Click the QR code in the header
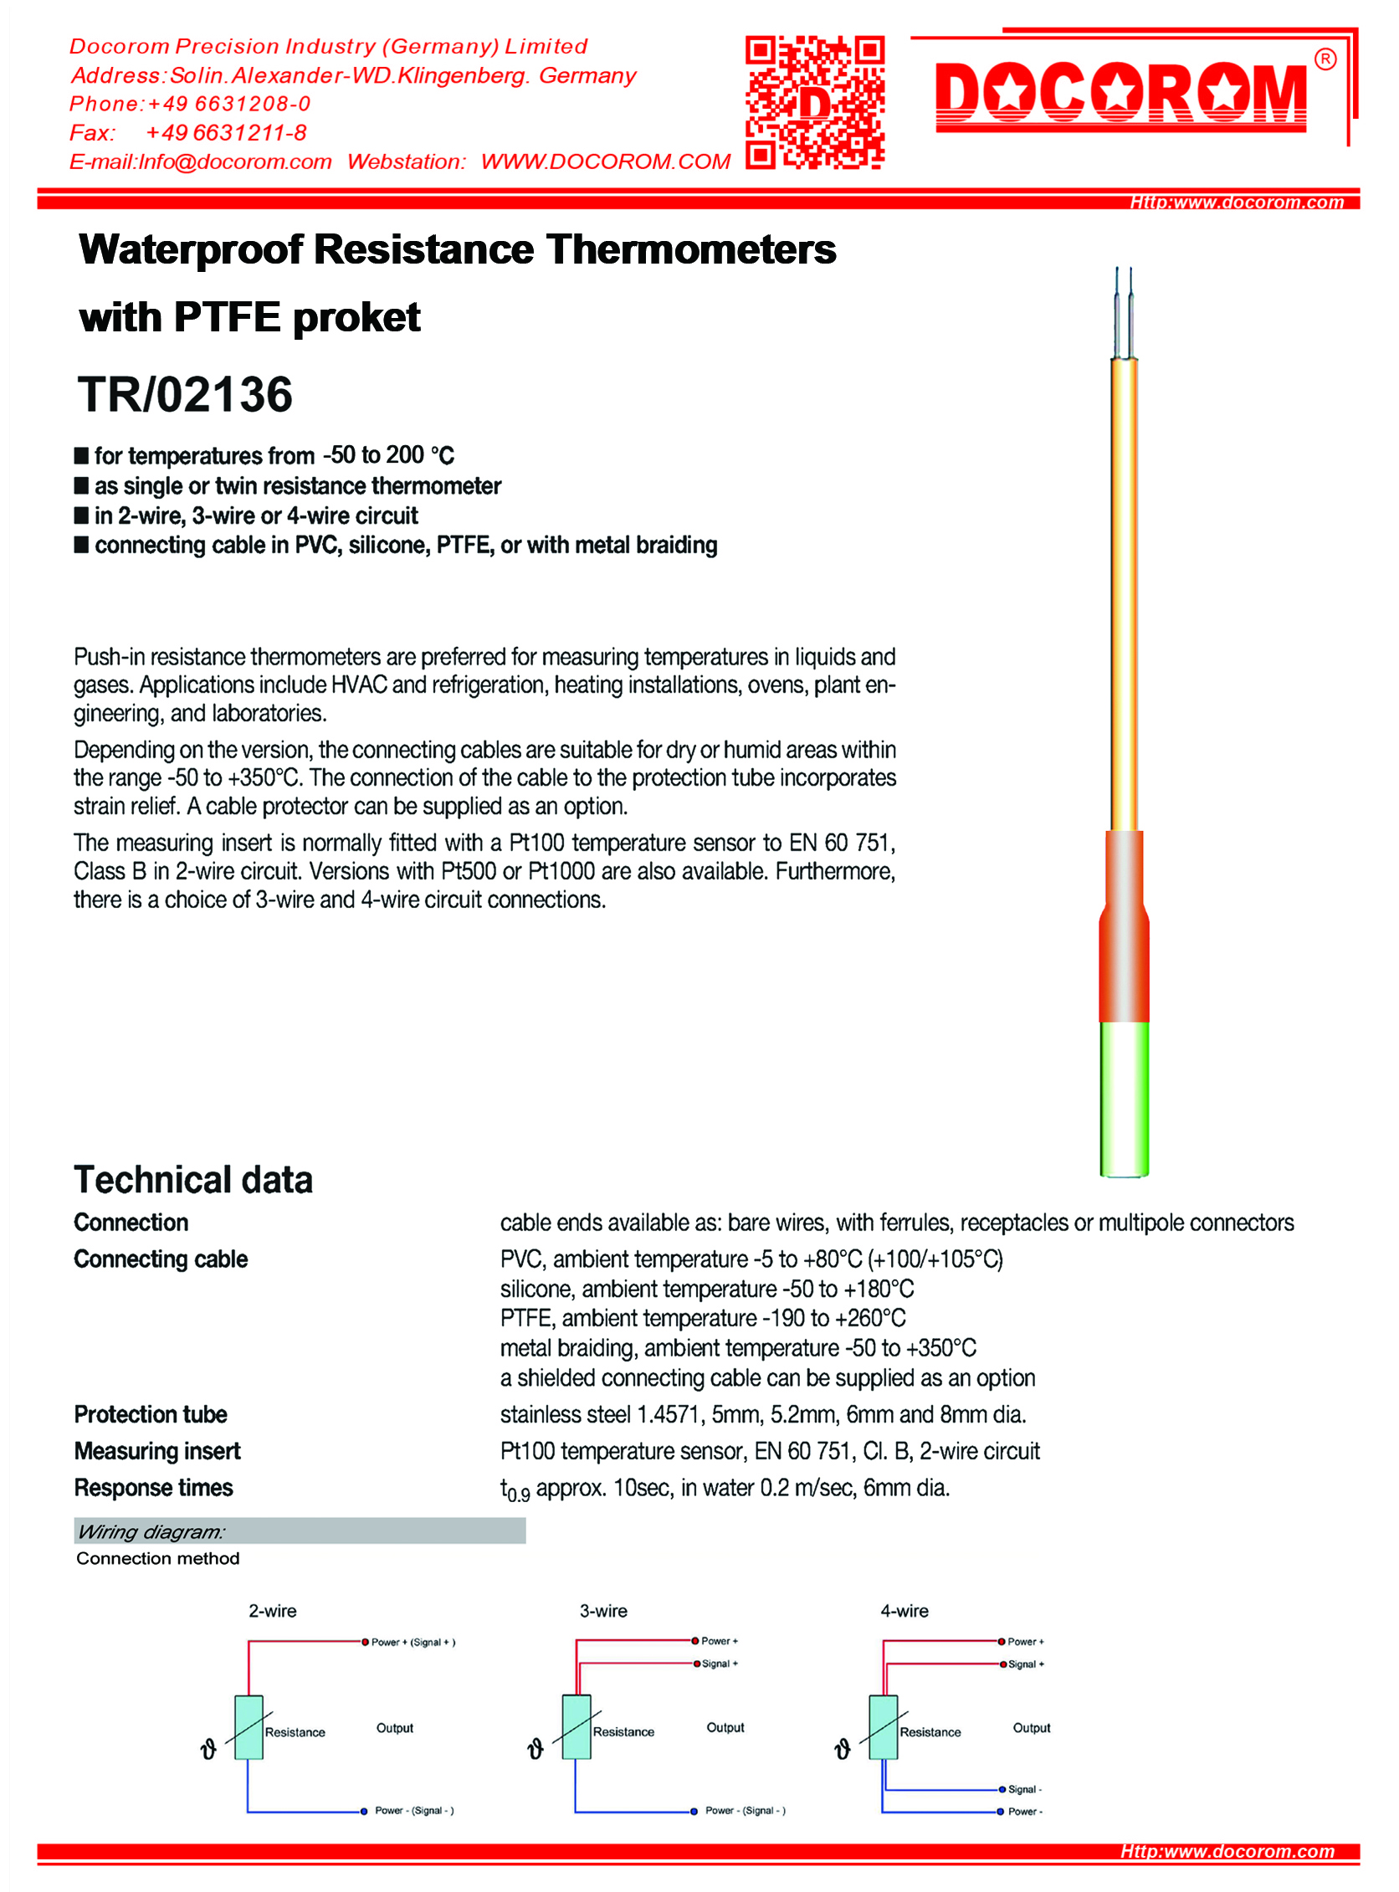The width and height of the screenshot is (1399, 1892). [815, 101]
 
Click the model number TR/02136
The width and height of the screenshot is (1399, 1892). [185, 395]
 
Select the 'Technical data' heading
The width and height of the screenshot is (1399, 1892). [193, 1180]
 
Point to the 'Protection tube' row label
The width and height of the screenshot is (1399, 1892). [151, 1414]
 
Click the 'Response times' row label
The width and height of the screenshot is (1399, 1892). [153, 1488]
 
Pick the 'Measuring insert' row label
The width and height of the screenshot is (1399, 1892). [157, 1452]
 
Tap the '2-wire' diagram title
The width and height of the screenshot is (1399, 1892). [273, 1611]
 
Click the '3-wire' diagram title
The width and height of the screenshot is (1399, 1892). [603, 1611]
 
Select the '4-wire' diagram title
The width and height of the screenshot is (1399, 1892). [904, 1611]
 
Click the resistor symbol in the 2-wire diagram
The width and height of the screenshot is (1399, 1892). [249, 1727]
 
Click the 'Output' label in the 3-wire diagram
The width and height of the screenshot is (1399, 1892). [725, 1728]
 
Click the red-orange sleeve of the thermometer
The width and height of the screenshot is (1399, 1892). [1124, 940]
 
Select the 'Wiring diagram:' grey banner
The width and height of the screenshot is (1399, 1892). [299, 1531]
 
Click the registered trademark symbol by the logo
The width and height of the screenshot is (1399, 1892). [1325, 59]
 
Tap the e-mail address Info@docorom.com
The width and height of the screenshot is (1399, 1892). [234, 162]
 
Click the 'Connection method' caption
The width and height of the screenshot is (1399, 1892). [157, 1558]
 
